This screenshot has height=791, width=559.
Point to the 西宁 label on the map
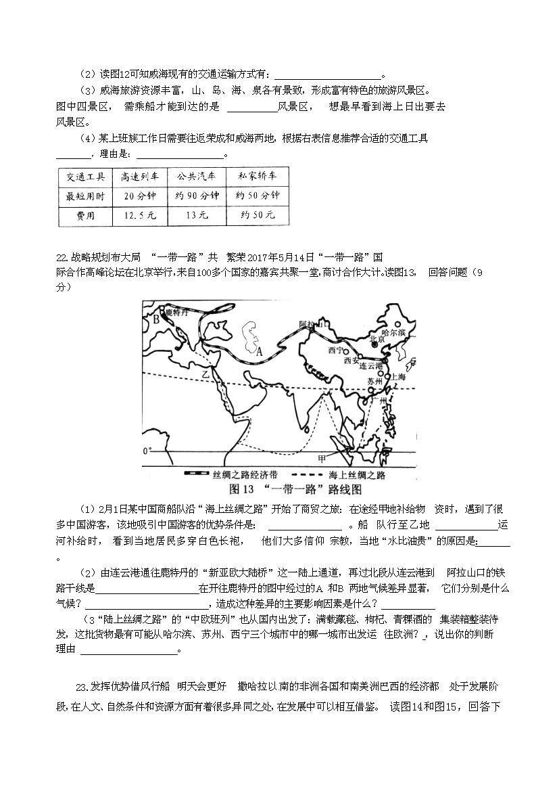pyautogui.click(x=336, y=350)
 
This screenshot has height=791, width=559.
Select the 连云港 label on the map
pyautogui.click(x=371, y=365)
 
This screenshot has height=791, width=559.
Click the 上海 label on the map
pyautogui.click(x=397, y=377)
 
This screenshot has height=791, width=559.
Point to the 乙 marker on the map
pyautogui.click(x=201, y=374)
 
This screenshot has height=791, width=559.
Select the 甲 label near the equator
pyautogui.click(x=332, y=458)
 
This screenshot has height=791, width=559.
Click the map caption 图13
pyautogui.click(x=241, y=489)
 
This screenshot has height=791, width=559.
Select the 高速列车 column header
pyautogui.click(x=139, y=176)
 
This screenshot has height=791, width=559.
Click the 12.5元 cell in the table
pyautogui.click(x=139, y=215)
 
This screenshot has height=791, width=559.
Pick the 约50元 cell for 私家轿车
pyautogui.click(x=258, y=215)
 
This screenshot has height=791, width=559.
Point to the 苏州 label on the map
pyautogui.click(x=374, y=382)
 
